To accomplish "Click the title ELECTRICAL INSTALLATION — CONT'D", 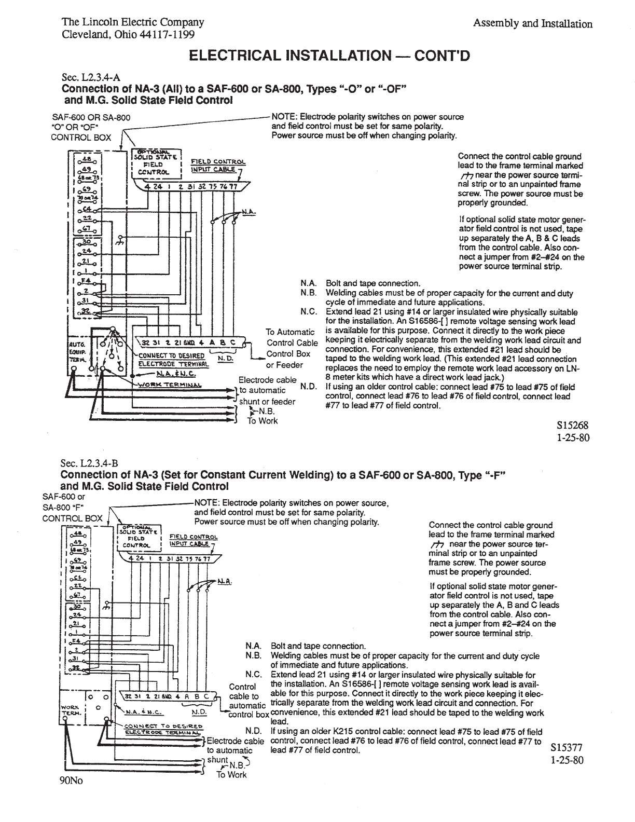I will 329,56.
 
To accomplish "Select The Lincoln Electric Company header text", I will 133,22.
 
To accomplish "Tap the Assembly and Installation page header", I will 533,24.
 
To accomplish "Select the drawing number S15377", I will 567,748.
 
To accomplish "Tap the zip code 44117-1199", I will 167,35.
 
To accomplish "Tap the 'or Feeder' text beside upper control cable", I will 285,365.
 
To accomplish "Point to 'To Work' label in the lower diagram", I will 232,775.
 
